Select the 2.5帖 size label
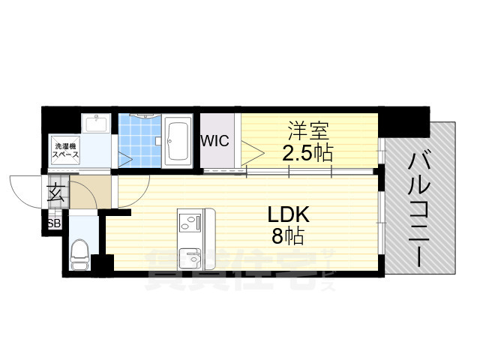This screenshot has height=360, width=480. pyautogui.click(x=307, y=152)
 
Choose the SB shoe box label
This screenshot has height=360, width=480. pyautogui.click(x=54, y=224)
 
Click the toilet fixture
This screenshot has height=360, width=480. pyautogui.click(x=79, y=255)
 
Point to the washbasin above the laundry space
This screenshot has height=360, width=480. pyautogui.click(x=97, y=124)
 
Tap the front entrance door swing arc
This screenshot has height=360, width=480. pyautogui.click(x=22, y=187)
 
